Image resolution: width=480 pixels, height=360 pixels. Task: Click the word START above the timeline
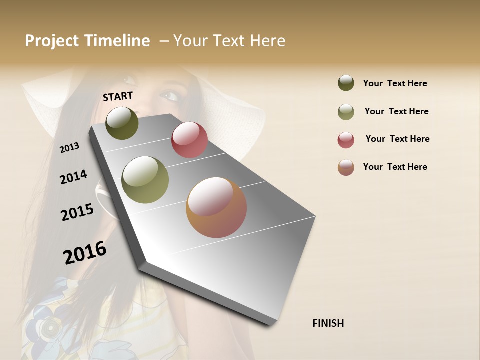click(x=118, y=96)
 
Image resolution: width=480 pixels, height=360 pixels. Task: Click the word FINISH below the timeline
click(x=328, y=323)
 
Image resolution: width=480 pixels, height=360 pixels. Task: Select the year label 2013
click(x=70, y=147)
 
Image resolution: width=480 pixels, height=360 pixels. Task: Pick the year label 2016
click(x=85, y=253)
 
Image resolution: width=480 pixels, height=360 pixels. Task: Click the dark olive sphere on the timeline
click(x=122, y=123)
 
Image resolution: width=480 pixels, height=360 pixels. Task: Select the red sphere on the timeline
click(x=189, y=140)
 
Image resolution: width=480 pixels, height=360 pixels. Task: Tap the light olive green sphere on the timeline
click(x=145, y=180)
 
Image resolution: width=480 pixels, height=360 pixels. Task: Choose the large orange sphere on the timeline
click(x=216, y=207)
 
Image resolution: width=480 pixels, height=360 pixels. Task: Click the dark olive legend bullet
click(x=346, y=83)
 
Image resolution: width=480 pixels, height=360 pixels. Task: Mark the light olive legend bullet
click(x=346, y=111)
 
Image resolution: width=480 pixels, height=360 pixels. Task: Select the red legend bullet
click(x=346, y=139)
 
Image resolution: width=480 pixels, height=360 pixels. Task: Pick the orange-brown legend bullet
click(x=346, y=167)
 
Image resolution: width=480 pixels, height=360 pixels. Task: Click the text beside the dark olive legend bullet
click(x=395, y=83)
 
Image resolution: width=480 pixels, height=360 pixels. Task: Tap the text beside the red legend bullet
click(x=397, y=139)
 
